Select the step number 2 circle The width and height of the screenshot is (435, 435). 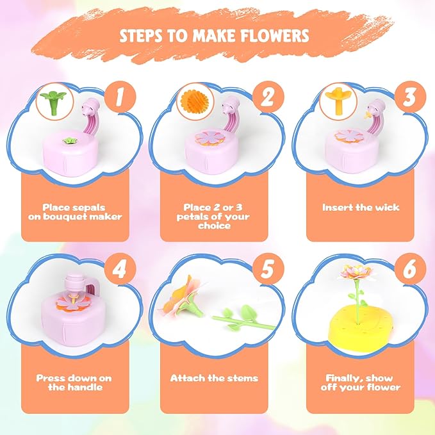point(268,97)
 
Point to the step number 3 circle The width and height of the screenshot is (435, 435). point(410,97)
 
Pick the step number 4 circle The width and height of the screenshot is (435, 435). point(120,269)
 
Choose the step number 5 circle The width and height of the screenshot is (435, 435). point(268,269)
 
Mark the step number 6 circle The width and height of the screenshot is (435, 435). point(410,269)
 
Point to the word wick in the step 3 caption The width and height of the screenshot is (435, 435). point(388,207)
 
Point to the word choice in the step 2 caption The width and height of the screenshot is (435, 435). point(214,226)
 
